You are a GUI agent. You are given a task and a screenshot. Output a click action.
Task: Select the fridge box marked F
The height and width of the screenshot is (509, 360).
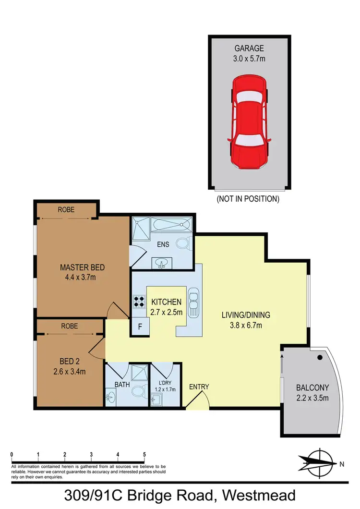(140, 327)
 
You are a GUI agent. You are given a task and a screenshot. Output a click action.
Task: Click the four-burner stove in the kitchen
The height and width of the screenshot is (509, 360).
(139, 301)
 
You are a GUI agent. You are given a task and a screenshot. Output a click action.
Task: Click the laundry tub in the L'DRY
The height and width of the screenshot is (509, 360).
(157, 399)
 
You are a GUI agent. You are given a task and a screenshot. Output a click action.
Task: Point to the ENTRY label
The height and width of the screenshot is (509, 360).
(199, 387)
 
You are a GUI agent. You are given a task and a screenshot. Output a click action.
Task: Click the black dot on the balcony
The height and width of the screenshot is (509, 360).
(319, 357)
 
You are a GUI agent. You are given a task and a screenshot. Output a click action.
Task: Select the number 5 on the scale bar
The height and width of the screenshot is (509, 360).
(144, 453)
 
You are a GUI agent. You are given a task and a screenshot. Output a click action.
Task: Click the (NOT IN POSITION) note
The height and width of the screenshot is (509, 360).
(248, 198)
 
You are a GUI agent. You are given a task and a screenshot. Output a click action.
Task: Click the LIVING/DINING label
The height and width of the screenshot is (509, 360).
(246, 315)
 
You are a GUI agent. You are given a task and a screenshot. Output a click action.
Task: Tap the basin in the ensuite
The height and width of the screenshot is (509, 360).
(162, 263)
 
